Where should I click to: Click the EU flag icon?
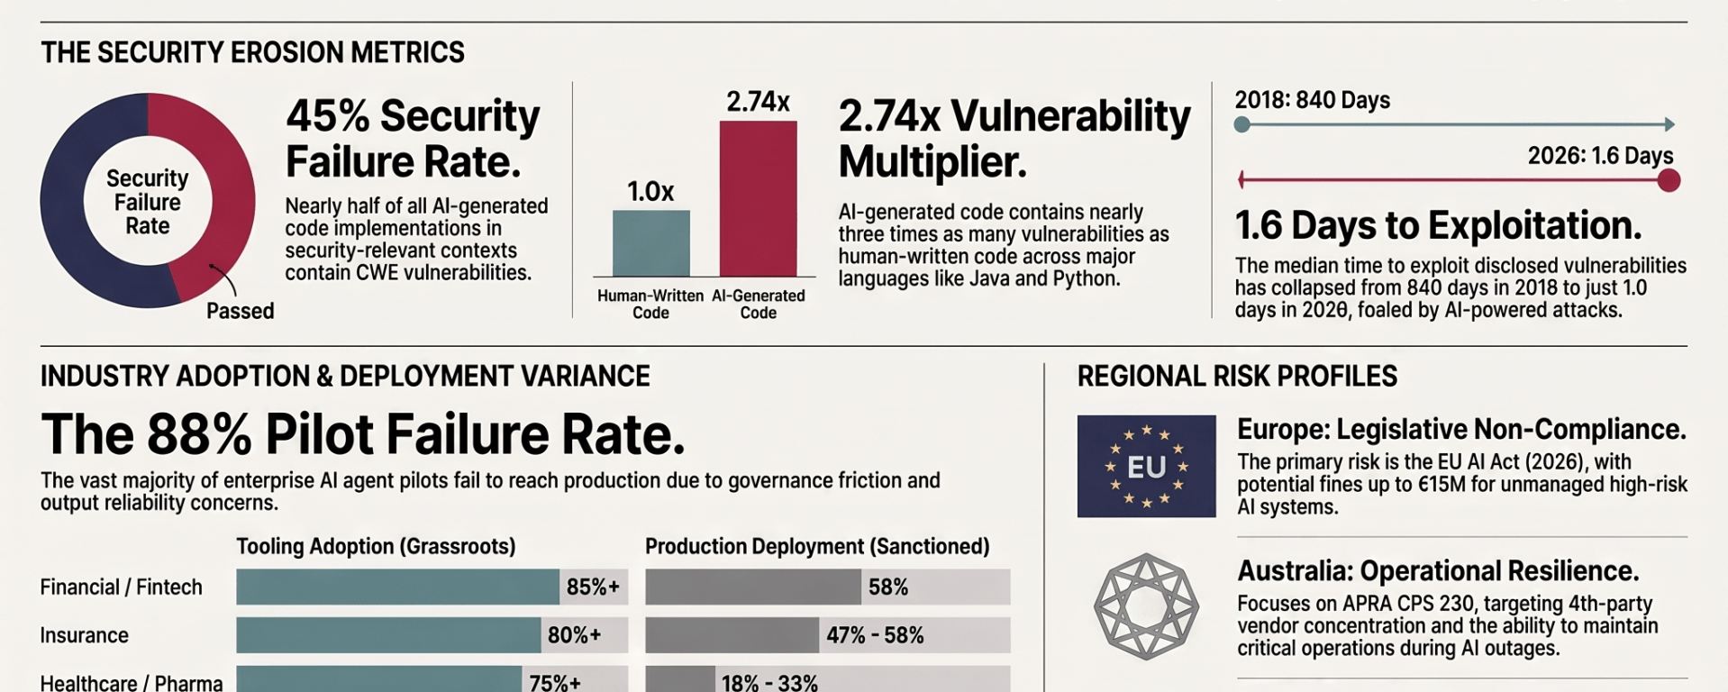point(1146,466)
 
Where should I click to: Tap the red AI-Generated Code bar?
point(758,198)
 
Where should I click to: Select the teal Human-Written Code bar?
point(651,243)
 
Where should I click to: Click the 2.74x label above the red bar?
point(758,102)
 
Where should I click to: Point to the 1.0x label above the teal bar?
point(650,191)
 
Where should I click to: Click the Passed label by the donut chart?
point(240,311)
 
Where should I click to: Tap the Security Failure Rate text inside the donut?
point(148,202)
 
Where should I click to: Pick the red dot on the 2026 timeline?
point(1669,180)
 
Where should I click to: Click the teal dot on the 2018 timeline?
point(1241,124)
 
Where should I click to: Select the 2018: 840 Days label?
point(1312,100)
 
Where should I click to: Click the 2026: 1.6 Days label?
point(1600,156)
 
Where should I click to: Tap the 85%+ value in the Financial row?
point(593,587)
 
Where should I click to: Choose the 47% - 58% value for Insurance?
point(875,635)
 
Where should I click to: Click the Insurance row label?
point(85,635)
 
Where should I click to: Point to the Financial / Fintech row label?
point(121,587)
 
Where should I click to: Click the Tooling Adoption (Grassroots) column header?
point(376,546)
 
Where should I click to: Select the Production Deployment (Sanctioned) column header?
point(817,546)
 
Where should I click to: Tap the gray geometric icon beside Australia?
point(1146,606)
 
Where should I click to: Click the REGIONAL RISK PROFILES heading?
point(1237,376)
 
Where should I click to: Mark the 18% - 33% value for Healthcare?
point(769,682)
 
